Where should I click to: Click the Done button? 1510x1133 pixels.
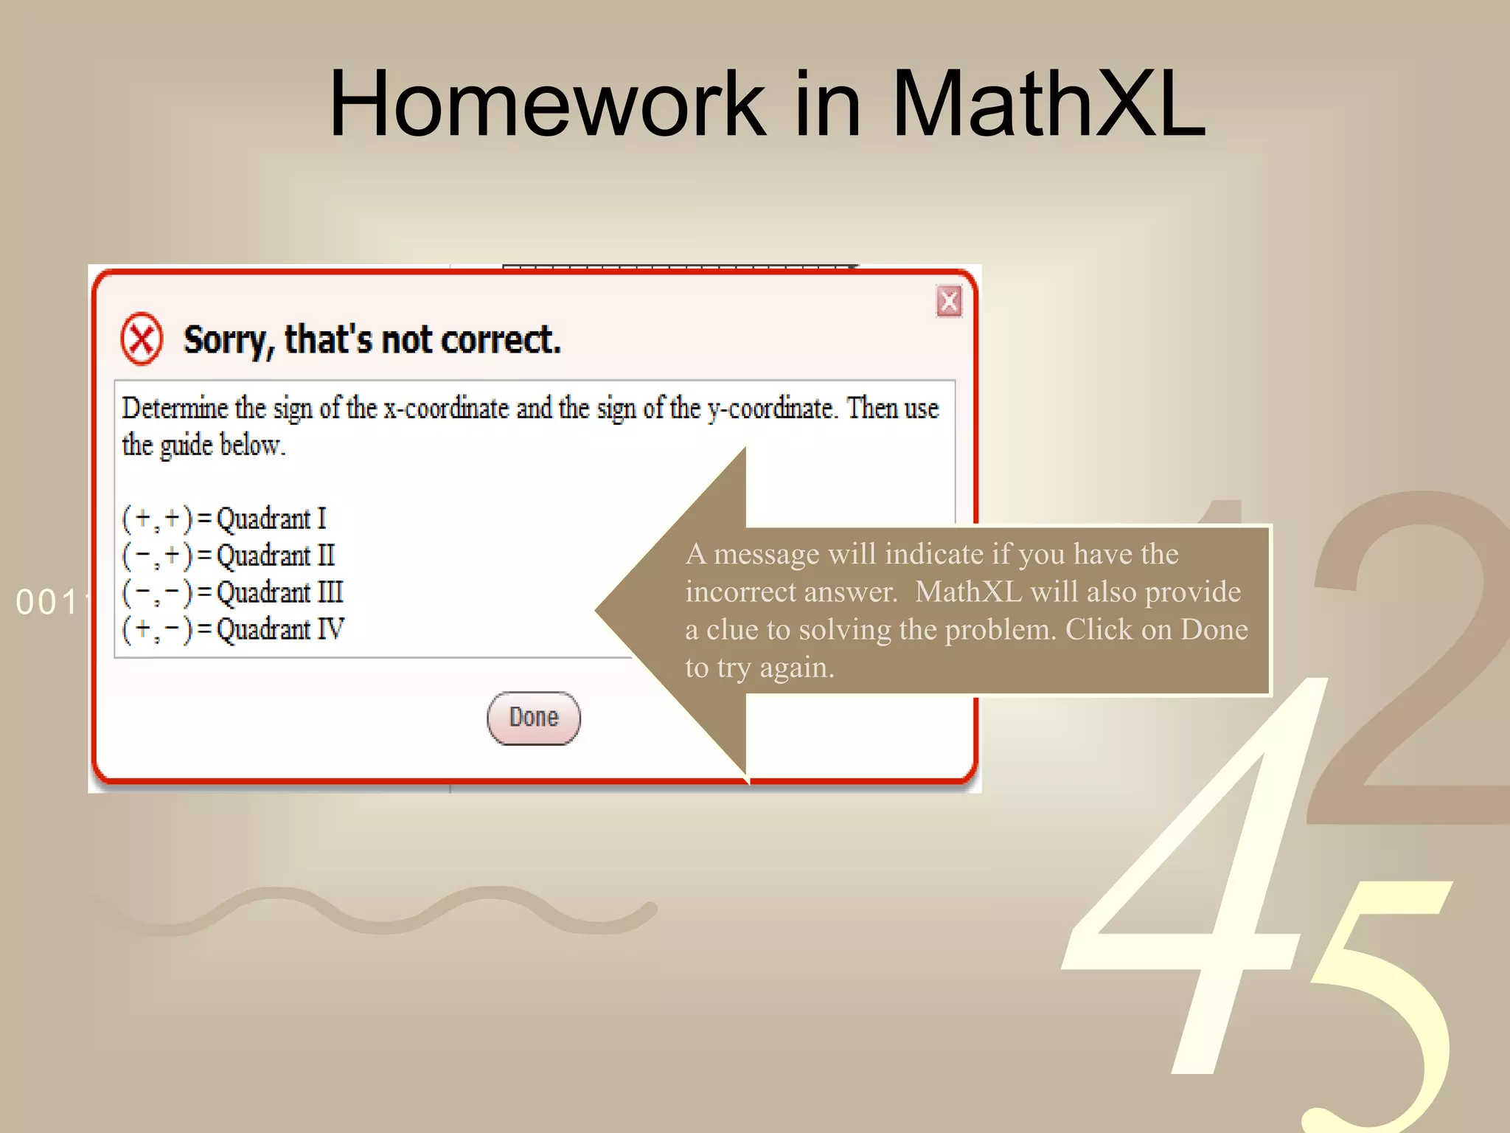click(533, 718)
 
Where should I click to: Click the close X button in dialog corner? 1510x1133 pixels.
click(949, 301)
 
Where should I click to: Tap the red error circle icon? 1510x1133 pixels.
click(142, 339)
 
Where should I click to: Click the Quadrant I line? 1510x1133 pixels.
click(224, 519)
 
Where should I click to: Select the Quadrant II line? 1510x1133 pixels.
click(229, 555)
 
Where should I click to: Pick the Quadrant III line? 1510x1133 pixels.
click(233, 592)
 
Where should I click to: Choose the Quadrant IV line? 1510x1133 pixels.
click(233, 629)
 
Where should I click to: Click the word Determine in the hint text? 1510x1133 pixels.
click(175, 408)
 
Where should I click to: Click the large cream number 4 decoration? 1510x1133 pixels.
click(1194, 885)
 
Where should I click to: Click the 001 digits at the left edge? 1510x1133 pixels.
click(46, 603)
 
